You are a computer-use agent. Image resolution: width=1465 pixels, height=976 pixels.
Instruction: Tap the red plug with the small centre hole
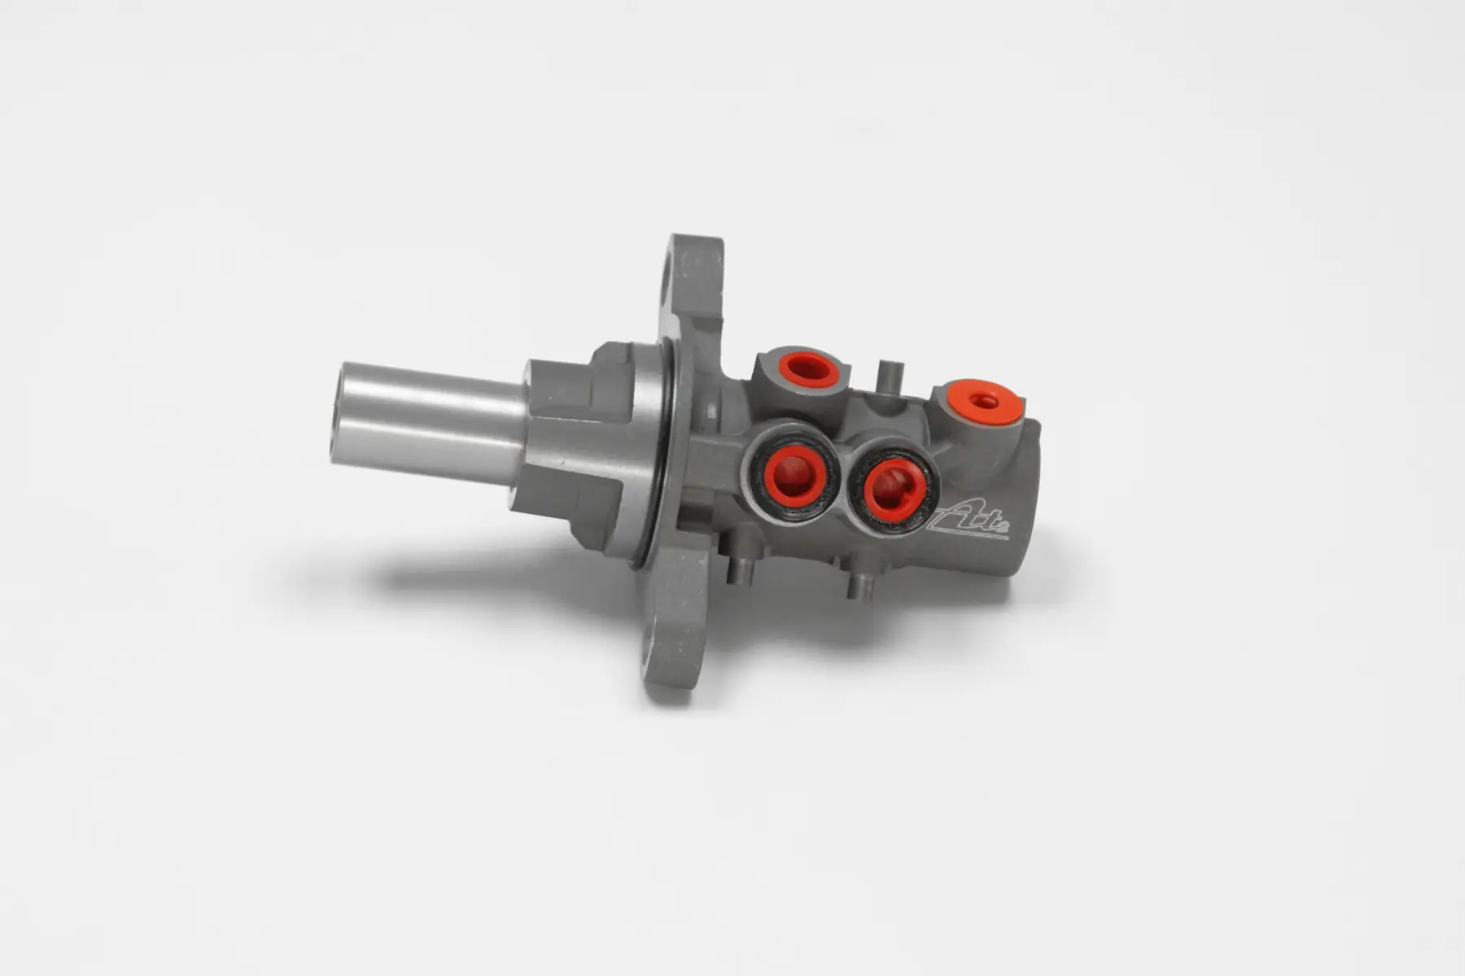(x=986, y=401)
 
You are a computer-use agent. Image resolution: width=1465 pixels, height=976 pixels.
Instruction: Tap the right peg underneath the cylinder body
(x=858, y=584)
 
